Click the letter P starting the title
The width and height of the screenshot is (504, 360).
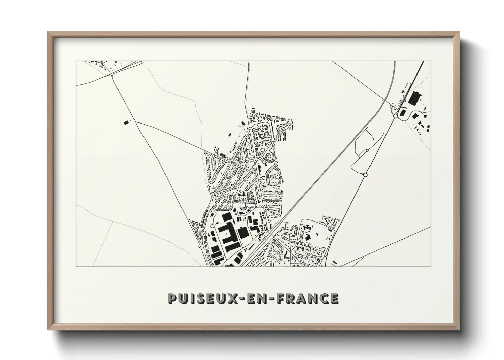pos(173,298)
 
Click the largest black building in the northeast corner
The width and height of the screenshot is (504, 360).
pos(414,98)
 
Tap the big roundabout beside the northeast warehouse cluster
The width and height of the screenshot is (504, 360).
pos(395,116)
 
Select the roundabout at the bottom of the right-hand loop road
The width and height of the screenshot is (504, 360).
pos(365,175)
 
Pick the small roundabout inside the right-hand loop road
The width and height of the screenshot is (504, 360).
pos(368,150)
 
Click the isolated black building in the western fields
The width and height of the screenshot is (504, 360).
pos(127,121)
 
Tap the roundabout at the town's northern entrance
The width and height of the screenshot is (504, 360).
pos(250,128)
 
